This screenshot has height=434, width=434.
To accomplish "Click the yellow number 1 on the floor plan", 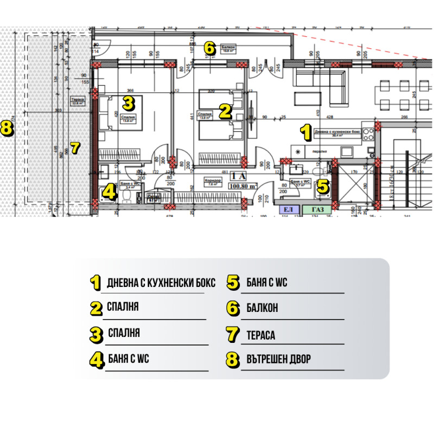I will click(x=306, y=131).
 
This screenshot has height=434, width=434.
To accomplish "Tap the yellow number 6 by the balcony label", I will click(x=209, y=48).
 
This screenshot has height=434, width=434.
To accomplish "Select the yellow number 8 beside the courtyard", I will click(x=7, y=129).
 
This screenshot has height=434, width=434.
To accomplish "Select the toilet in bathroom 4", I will click(x=126, y=196).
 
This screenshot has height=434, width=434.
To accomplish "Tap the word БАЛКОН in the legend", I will click(x=262, y=308).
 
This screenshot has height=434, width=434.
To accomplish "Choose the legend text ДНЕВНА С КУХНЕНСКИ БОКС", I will click(x=161, y=283).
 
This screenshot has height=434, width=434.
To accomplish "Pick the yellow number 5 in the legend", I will click(x=233, y=283).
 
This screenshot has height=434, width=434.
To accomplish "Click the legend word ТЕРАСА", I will click(x=260, y=335).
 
